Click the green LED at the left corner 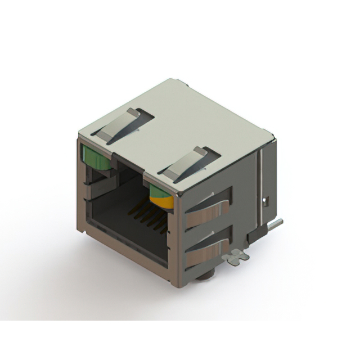(96, 159)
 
